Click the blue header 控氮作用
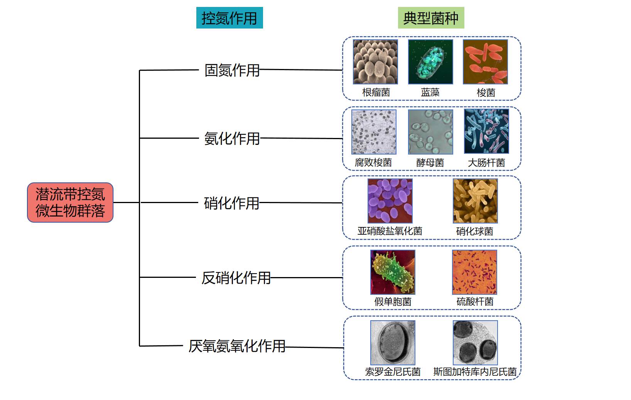[229, 18]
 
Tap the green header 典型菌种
[431, 18]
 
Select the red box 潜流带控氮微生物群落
[70, 202]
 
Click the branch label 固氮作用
[232, 70]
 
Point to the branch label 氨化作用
[232, 138]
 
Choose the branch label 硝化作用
[232, 203]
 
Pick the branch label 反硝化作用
[236, 277]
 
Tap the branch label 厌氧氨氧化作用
[237, 346]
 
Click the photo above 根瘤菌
[375, 62]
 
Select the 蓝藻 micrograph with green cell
[430, 62]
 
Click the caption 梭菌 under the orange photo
[486, 92]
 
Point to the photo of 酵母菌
[430, 132]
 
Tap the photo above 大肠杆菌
[486, 131]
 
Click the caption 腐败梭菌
[373, 163]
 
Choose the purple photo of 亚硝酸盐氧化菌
[390, 201]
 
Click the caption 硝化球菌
[474, 231]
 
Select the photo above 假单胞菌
[393, 272]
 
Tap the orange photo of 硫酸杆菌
[474, 272]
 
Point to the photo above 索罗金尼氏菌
[393, 343]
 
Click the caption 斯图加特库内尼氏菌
[475, 371]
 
